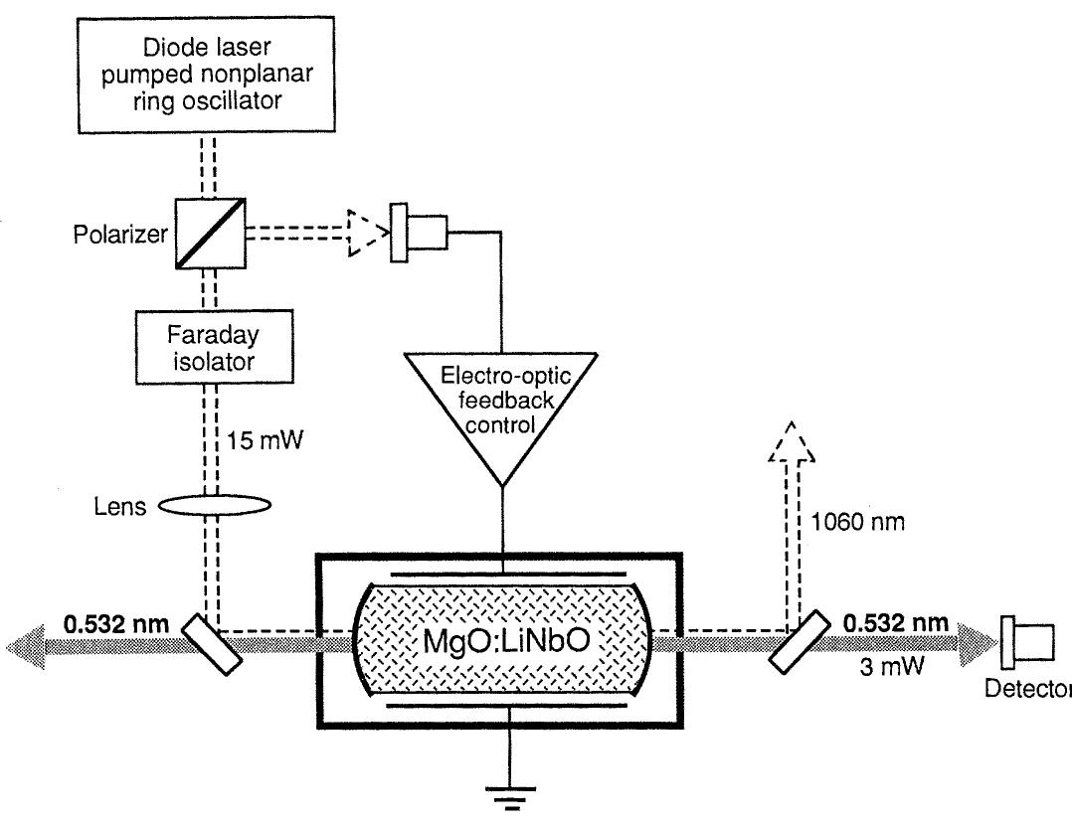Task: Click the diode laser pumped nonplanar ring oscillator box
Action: (207, 75)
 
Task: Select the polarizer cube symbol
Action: (211, 234)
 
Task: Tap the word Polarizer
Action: (120, 235)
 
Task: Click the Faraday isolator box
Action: (215, 347)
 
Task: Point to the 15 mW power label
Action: (264, 440)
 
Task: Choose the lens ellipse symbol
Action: (215, 506)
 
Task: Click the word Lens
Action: (120, 506)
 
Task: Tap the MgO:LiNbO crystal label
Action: (506, 640)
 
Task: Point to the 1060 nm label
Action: (857, 522)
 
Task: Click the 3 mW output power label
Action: (892, 666)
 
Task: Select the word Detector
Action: (1027, 689)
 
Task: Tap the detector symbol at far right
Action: (1027, 642)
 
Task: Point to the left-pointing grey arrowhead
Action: (26, 645)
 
